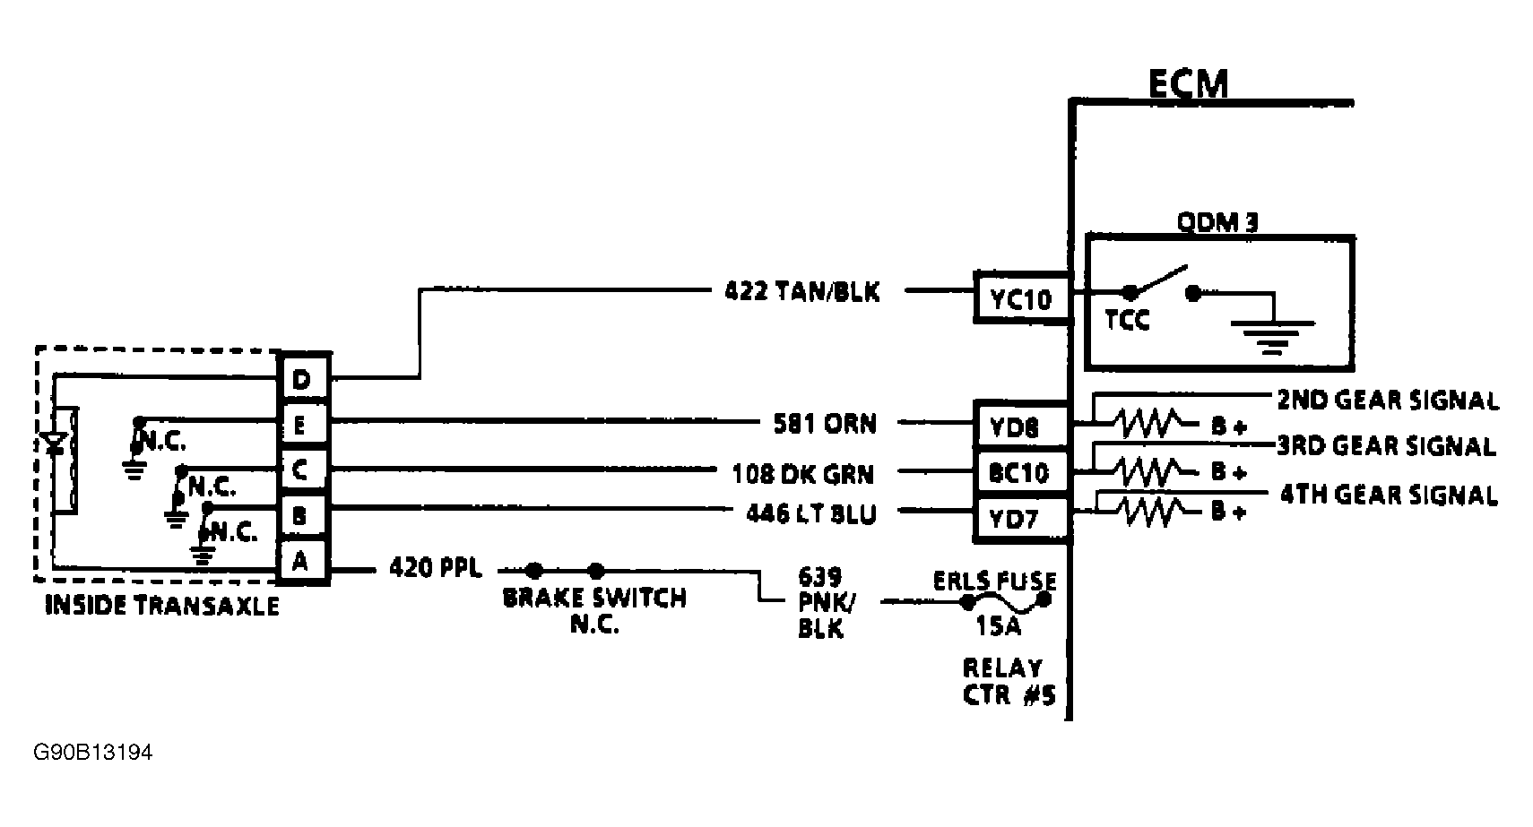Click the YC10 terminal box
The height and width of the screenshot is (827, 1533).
1021,297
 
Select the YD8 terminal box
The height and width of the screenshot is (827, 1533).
1021,426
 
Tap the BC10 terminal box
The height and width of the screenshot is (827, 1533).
1021,472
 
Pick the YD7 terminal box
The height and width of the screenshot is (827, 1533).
1021,519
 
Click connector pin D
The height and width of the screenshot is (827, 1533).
301,379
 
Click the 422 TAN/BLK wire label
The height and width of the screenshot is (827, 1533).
802,291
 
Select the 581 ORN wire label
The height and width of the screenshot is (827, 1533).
825,423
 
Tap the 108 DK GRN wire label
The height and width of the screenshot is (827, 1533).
803,472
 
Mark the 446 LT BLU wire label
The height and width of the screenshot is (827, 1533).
811,513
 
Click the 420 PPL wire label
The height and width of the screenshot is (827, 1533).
435,568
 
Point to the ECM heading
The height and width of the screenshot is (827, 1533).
1188,83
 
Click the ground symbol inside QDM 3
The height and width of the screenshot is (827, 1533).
1272,332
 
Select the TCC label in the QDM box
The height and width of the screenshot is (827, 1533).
1127,320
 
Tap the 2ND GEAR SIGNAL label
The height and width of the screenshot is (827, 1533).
1388,400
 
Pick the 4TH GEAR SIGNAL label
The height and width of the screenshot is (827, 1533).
1388,495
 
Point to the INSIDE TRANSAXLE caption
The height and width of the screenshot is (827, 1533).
161,607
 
